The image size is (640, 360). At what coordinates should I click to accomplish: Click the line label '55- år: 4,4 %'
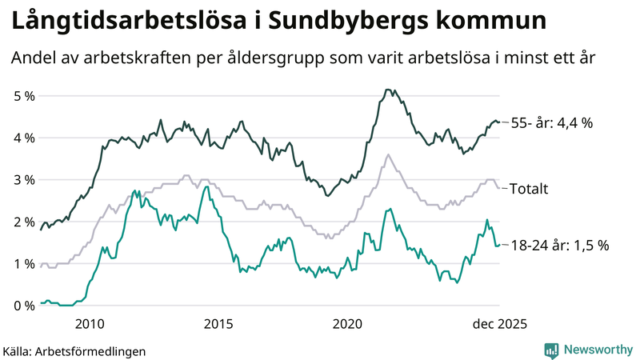[551, 123]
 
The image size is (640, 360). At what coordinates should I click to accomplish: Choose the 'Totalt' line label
[529, 189]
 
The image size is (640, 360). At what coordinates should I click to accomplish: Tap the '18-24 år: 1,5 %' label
[559, 246]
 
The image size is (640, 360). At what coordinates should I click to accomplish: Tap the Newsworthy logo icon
[552, 350]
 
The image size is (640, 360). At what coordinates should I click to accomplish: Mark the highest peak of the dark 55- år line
[387, 90]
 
